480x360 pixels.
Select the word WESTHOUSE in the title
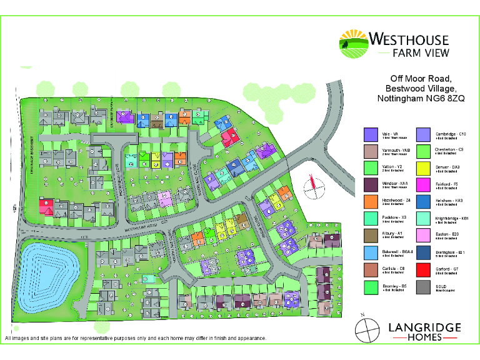409,39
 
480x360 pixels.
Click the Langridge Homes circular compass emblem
367,329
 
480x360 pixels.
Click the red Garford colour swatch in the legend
425,270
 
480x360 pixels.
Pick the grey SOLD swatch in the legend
425,287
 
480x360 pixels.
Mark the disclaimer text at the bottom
135,338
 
